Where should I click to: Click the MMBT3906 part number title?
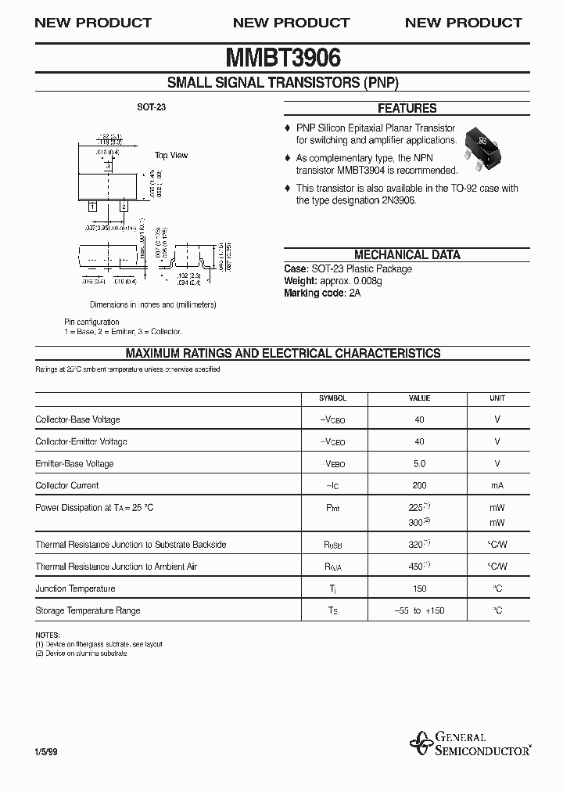tap(282, 58)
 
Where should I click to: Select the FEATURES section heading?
tap(407, 109)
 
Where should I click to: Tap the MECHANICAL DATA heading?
tap(407, 254)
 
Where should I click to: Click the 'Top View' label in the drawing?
tap(170, 155)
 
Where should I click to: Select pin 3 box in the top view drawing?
tap(108, 166)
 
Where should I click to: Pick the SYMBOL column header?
tap(332, 398)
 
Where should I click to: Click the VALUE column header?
tap(420, 398)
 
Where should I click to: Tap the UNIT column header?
tap(497, 398)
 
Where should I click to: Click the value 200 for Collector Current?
tap(420, 485)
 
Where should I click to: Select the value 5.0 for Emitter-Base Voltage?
tap(420, 463)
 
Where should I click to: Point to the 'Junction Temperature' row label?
tap(75, 589)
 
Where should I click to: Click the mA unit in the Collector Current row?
tap(497, 485)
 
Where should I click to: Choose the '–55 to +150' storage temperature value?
tap(420, 610)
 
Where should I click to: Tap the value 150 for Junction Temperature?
tap(420, 589)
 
